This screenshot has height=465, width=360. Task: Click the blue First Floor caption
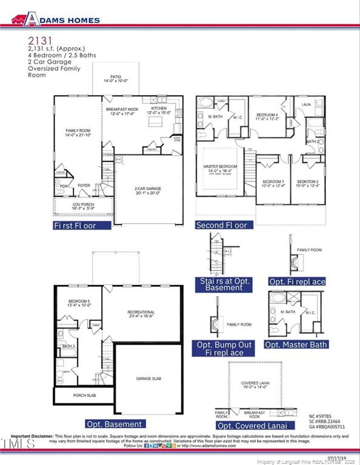[x=82, y=225]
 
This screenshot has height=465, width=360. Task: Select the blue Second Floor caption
[x=222, y=225]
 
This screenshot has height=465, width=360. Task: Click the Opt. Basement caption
[x=114, y=424]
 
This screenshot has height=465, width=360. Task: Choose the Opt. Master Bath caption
[x=296, y=345]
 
